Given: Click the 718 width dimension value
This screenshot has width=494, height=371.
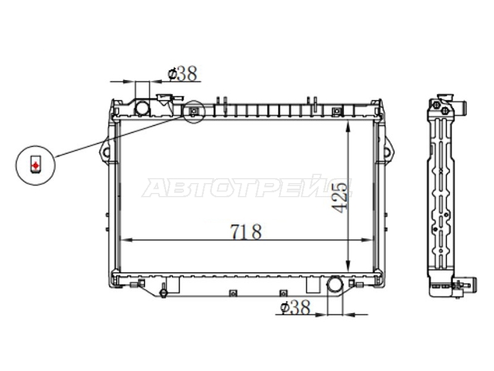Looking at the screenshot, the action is click(246, 232).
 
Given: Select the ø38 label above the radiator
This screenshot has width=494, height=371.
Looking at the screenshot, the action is click(182, 74).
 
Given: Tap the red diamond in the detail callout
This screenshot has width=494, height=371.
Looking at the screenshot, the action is click(36, 165).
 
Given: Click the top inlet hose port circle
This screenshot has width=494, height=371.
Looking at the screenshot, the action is click(142, 108).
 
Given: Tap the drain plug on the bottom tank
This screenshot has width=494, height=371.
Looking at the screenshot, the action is click(163, 292).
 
